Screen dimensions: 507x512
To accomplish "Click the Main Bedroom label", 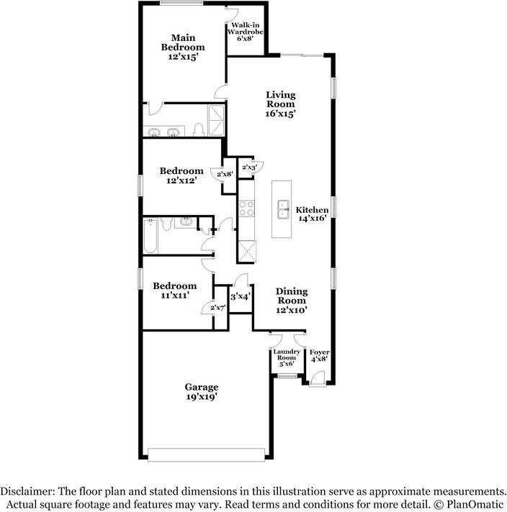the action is tap(183, 47).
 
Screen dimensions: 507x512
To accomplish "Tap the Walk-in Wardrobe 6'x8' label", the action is tap(246, 32).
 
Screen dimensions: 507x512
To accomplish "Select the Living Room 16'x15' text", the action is tap(281, 104).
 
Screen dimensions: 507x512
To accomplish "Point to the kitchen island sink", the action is tap(283, 209).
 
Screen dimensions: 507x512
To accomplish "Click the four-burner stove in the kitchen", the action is tap(246, 209).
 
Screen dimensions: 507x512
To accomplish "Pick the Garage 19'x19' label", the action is tap(202, 392).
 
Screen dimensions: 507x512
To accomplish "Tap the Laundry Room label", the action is tap(287, 355).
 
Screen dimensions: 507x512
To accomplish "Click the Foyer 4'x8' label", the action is tap(319, 355).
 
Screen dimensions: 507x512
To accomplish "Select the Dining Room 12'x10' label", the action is tap(292, 301).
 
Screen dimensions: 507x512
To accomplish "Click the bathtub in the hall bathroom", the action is tap(151, 236).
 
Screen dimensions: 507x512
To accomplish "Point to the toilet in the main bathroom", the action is tap(199, 129).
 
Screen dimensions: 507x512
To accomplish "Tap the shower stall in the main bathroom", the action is tap(216, 120).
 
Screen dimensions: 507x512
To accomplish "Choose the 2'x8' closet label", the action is tap(225, 174).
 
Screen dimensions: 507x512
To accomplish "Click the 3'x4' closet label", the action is tap(241, 296).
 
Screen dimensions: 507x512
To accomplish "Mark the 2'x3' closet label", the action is tap(250, 167).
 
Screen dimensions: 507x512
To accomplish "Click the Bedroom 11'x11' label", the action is tap(175, 291).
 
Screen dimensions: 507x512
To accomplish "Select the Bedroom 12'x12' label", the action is tap(181, 175).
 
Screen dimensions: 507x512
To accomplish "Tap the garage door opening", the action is tap(206, 454).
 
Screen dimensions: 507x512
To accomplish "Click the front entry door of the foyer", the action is tap(318, 380).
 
